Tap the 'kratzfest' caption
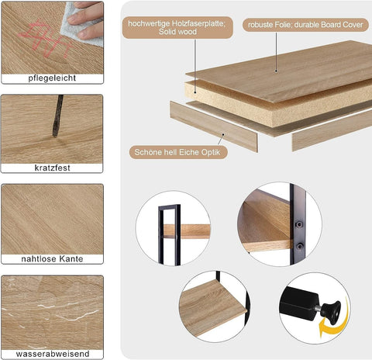pyautogui.click(x=52, y=168)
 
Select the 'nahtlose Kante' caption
pyautogui.click(x=52, y=259)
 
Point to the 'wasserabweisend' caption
pyautogui.click(x=52, y=354)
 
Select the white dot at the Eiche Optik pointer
pyautogui.click(x=223, y=135)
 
